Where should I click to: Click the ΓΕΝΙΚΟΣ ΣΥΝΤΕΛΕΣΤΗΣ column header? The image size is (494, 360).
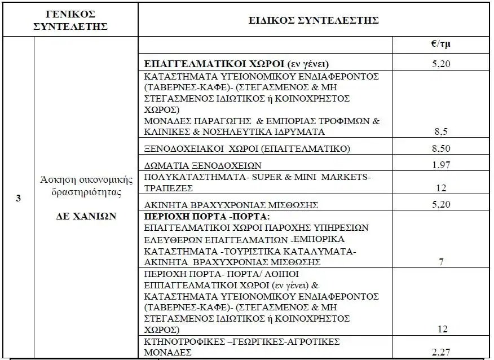(70, 20)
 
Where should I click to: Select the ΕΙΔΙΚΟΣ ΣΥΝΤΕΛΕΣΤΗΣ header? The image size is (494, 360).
(314, 20)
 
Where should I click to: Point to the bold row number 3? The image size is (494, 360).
(19, 200)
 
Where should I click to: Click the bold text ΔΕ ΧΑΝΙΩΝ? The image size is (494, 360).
(86, 217)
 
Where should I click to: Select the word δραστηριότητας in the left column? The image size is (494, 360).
(86, 192)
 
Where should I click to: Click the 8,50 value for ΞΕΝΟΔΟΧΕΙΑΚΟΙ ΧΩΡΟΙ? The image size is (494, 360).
(438, 148)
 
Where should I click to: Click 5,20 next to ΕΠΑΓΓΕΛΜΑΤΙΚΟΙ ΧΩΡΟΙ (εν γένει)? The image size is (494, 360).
(438, 64)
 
